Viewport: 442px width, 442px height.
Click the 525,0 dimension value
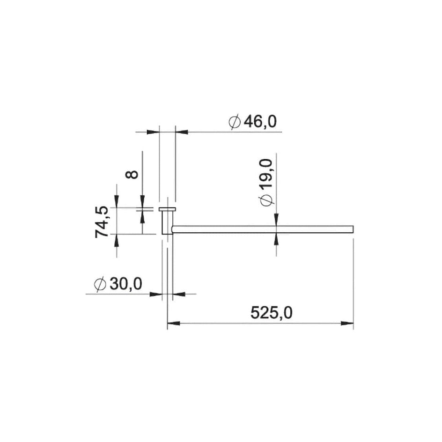272,313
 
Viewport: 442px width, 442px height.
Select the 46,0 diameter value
260,122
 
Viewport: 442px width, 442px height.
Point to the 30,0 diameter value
126,284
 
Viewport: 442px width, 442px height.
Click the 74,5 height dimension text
102,222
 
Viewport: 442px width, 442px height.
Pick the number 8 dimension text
132,175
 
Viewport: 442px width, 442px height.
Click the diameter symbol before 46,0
235,122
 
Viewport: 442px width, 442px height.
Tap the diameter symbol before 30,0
100,284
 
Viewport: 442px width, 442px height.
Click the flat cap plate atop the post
167,209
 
